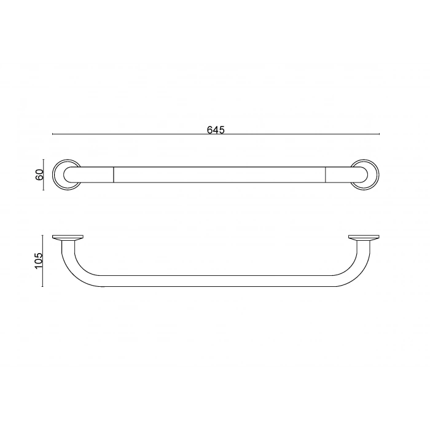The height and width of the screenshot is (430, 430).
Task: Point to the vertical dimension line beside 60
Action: pyautogui.click(x=44, y=175)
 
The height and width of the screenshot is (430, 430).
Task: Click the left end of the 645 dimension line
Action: pyautogui.click(x=53, y=134)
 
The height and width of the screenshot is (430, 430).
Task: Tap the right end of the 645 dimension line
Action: pyautogui.click(x=378, y=134)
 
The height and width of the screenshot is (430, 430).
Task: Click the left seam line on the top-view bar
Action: pyautogui.click(x=114, y=174)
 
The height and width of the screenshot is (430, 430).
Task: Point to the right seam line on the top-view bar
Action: pyautogui.click(x=326, y=174)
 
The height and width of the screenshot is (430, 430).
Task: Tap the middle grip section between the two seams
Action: pyautogui.click(x=219, y=174)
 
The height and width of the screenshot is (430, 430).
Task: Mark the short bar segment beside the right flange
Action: pyautogui.click(x=339, y=174)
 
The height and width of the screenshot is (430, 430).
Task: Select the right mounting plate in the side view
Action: pyautogui.click(x=364, y=238)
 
